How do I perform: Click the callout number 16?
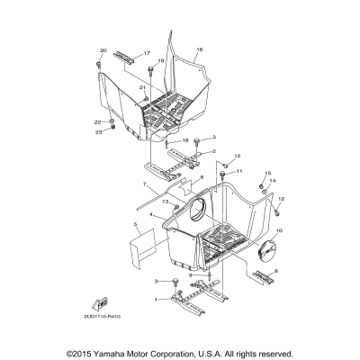pyautogui.click(x=200, y=49)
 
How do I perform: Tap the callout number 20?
pyautogui.click(x=103, y=50)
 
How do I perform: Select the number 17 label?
pyautogui.click(x=148, y=54)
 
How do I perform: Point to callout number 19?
pyautogui.click(x=161, y=60)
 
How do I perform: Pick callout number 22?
pyautogui.click(x=97, y=121)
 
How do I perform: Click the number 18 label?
pyautogui.click(x=185, y=141)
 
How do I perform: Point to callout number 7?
pyautogui.click(x=143, y=184)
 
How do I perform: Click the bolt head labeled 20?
pyautogui.click(x=97, y=65)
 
